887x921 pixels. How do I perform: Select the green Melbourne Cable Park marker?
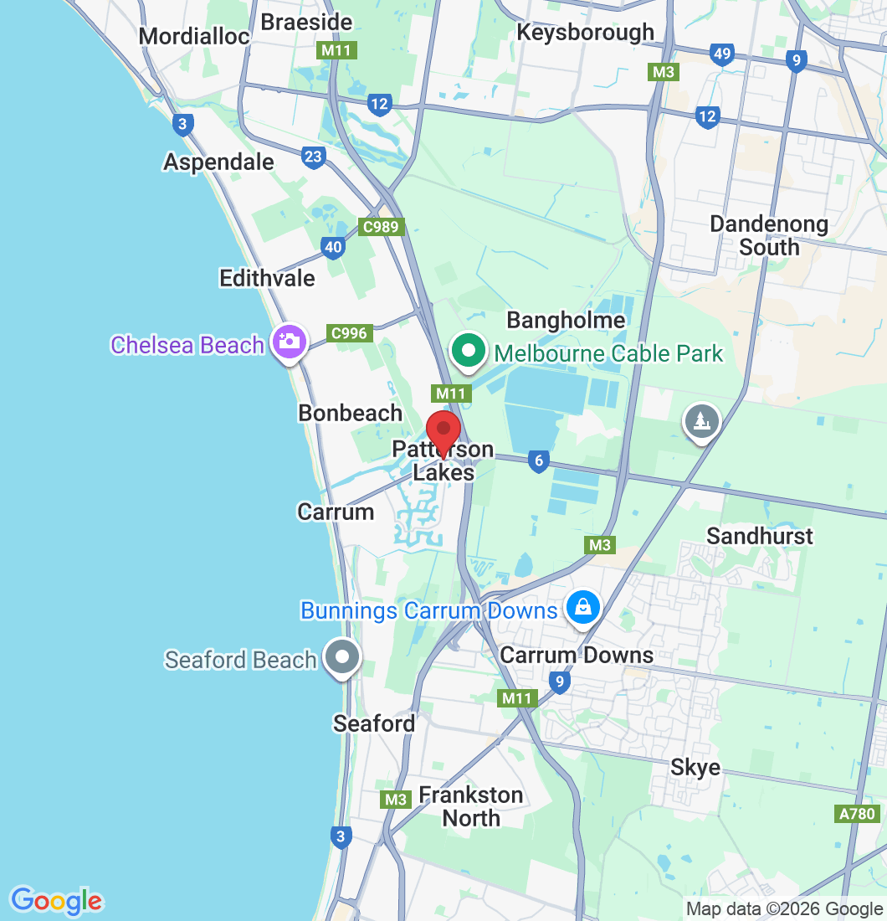pyautogui.click(x=469, y=350)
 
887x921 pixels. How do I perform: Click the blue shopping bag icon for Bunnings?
pyautogui.click(x=582, y=607)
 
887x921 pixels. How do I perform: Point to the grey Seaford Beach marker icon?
pyautogui.click(x=342, y=657)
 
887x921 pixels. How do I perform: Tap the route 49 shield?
pyautogui.click(x=721, y=55)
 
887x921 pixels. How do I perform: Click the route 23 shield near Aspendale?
pyautogui.click(x=314, y=157)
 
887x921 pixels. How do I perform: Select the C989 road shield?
pyautogui.click(x=382, y=226)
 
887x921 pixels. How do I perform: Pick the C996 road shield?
pyautogui.click(x=349, y=333)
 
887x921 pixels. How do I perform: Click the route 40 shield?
pyautogui.click(x=333, y=247)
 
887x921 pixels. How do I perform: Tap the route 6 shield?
pyautogui.click(x=538, y=460)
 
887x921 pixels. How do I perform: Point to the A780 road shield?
pyautogui.click(x=856, y=813)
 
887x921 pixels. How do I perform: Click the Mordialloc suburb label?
pyautogui.click(x=194, y=36)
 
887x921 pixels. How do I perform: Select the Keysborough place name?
pyautogui.click(x=585, y=32)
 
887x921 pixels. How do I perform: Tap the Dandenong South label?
pyautogui.click(x=768, y=235)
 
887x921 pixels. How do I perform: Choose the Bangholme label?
pyautogui.click(x=566, y=320)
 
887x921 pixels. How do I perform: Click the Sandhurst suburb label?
pyautogui.click(x=759, y=535)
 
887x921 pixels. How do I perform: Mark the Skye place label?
pyautogui.click(x=695, y=767)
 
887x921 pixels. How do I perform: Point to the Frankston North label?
pyautogui.click(x=471, y=805)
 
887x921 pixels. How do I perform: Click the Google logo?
pyautogui.click(x=56, y=901)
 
